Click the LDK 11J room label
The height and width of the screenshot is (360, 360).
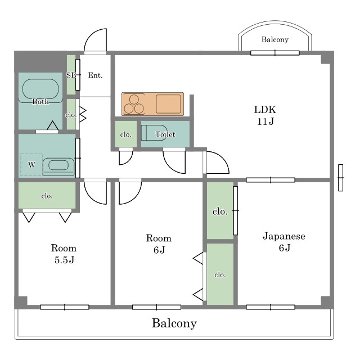coord(265,115)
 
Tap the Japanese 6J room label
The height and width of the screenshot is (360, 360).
coord(284,242)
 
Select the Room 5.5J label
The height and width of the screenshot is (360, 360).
coord(64,254)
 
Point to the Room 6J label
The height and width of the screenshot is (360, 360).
coord(159,244)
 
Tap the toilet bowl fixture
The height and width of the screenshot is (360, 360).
coord(154,133)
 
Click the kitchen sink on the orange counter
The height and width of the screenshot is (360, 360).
coord(168,103)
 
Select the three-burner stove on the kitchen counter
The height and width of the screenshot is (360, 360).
coord(134,104)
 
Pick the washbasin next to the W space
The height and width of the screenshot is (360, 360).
coord(58,166)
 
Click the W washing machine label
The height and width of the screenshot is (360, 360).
coord(31,165)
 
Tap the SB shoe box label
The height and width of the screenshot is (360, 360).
coord(71,75)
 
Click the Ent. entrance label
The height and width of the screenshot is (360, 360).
coord(95,75)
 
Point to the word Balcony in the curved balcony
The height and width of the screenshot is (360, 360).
coord(275,39)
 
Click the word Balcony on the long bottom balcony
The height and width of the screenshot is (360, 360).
coord(174,323)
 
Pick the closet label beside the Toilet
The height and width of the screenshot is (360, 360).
coord(126,134)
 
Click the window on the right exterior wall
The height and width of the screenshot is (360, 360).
coord(341,178)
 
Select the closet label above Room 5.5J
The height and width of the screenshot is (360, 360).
coord(47,196)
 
